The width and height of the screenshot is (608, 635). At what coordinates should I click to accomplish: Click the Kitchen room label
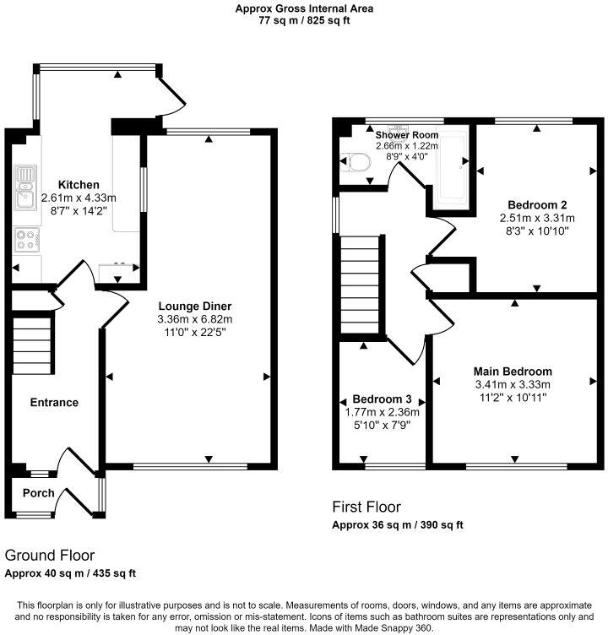click(79, 185)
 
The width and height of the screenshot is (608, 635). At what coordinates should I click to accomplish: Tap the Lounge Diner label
click(194, 306)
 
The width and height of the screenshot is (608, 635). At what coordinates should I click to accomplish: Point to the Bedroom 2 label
click(536, 204)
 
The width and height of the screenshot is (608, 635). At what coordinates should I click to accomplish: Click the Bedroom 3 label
click(383, 399)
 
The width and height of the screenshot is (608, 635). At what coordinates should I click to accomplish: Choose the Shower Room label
click(407, 135)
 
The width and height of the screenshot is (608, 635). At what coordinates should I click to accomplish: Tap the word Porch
click(38, 493)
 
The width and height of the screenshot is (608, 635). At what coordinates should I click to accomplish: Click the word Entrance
click(53, 403)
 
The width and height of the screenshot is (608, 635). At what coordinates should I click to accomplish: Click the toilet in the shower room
click(355, 162)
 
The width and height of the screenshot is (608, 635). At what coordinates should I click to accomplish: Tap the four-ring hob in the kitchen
click(26, 241)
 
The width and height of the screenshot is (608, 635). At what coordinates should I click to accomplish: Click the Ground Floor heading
click(50, 556)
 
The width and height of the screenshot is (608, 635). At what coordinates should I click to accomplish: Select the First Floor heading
click(367, 507)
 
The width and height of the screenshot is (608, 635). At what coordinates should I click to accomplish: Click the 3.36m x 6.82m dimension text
click(194, 319)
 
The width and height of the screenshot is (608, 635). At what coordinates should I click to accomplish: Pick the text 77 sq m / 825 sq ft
click(304, 20)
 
